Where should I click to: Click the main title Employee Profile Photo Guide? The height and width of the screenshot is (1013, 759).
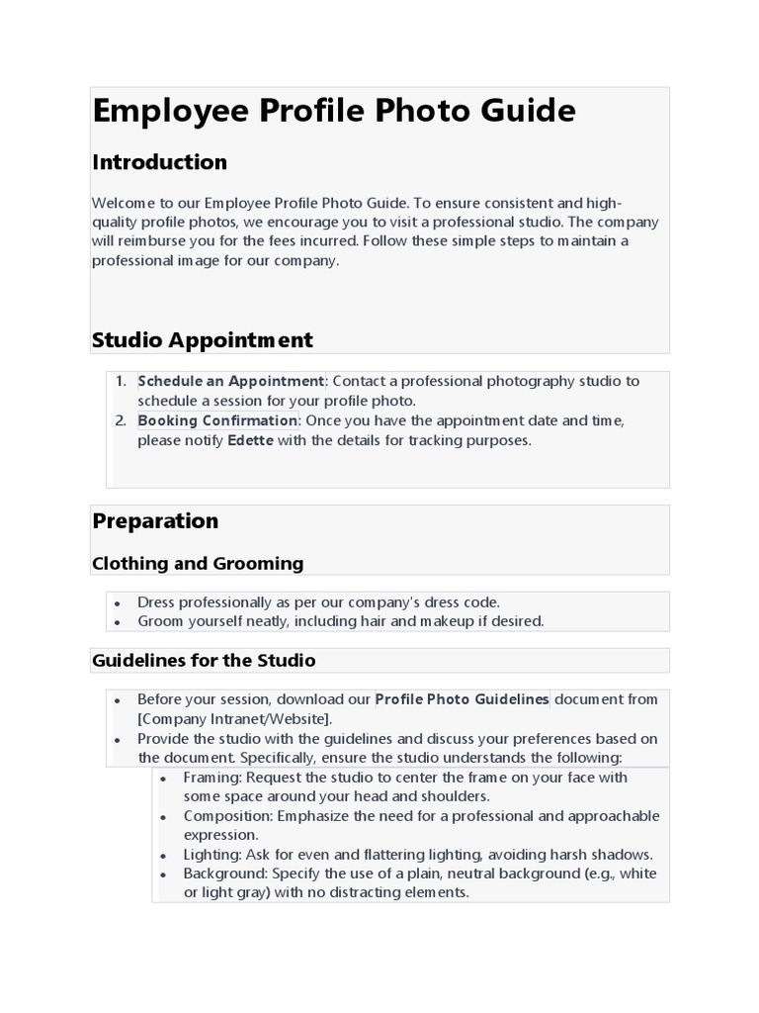click(x=333, y=111)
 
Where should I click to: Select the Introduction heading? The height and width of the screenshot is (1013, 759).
click(x=159, y=162)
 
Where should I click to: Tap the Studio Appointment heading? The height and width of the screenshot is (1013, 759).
click(x=202, y=340)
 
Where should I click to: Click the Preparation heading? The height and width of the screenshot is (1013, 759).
click(x=155, y=521)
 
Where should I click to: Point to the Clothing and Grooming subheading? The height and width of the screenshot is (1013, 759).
click(x=198, y=564)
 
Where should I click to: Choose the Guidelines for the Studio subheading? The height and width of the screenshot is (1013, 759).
click(x=204, y=660)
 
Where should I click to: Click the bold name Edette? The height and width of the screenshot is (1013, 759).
click(x=250, y=441)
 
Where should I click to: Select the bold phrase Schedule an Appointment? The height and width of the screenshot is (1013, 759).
click(x=230, y=382)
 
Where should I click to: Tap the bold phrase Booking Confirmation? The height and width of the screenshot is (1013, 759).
click(x=217, y=421)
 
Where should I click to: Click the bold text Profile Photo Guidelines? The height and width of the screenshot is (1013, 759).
click(x=462, y=699)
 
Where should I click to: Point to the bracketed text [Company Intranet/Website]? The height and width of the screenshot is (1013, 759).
click(x=235, y=719)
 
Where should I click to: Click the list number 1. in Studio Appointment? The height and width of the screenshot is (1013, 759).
click(x=121, y=382)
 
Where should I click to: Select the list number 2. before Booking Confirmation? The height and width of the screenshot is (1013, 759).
click(x=121, y=421)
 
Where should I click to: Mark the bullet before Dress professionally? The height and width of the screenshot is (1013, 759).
click(x=118, y=603)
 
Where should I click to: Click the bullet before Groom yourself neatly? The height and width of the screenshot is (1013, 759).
click(x=118, y=622)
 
